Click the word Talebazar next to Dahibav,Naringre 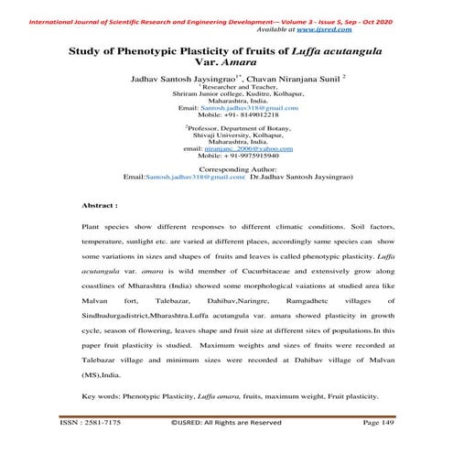174,299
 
